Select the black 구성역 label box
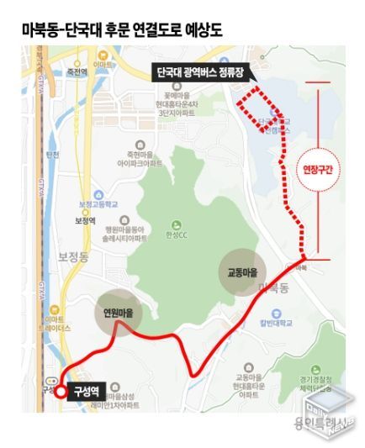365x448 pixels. tap(87, 391)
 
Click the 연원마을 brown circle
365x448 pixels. tap(119, 311)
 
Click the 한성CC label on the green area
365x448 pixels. tap(177, 229)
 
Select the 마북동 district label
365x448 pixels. tap(276, 288)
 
